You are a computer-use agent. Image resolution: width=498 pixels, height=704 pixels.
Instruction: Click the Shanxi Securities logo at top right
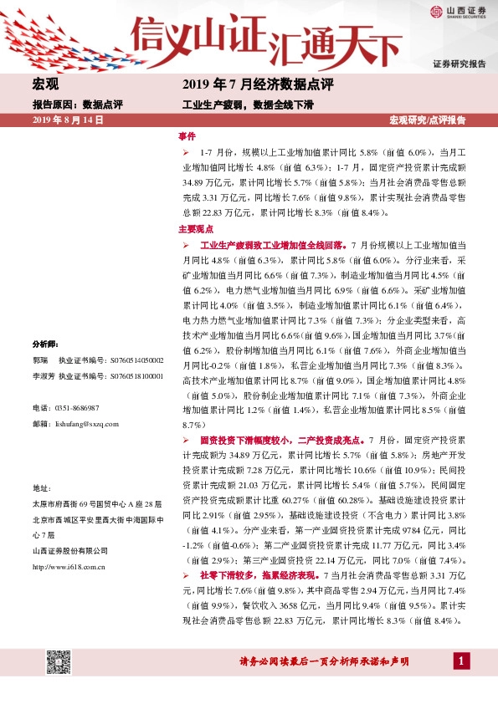click(458, 11)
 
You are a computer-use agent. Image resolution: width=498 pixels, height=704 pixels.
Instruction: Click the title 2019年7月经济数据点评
click(257, 85)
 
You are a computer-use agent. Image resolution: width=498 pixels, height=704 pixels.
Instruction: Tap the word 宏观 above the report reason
click(45, 85)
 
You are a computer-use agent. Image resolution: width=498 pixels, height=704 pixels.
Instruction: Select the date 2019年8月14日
click(67, 120)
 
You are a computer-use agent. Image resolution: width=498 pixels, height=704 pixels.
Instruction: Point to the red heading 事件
click(187, 136)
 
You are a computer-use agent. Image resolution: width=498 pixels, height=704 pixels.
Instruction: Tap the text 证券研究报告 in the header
click(459, 64)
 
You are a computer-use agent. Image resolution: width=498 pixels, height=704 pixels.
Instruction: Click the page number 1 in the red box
click(459, 661)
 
